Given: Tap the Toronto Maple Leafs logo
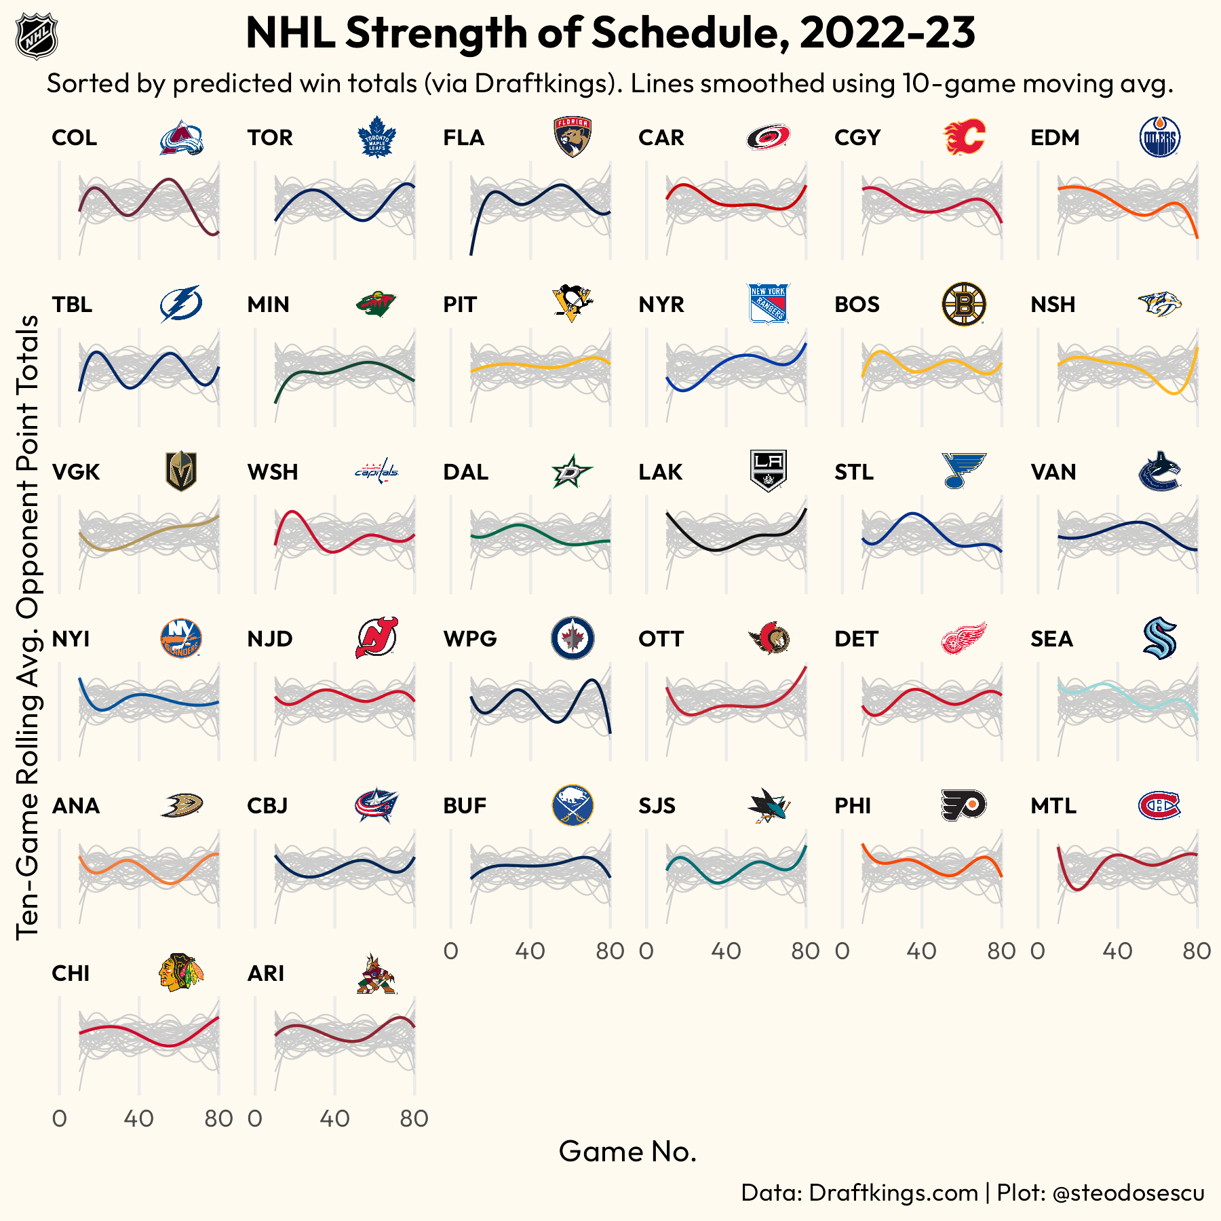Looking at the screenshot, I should [x=376, y=137].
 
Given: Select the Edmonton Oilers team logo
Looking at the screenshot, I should [x=1159, y=137].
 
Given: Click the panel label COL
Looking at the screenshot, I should [x=75, y=138].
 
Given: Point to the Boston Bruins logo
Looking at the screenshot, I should [x=964, y=304].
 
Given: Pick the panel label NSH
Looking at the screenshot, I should [x=1053, y=305].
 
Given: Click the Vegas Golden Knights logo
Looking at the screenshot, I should [x=181, y=471].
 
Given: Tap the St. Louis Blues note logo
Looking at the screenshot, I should [x=963, y=471].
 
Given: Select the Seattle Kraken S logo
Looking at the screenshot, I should [x=1159, y=638].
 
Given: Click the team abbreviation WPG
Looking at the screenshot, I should [x=470, y=639].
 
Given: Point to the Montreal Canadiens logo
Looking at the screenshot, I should [x=1159, y=806].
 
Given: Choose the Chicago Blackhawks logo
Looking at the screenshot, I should [x=181, y=973].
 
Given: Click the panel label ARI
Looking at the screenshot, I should [x=266, y=973].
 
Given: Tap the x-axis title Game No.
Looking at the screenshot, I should [x=627, y=1151].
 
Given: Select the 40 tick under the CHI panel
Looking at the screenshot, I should [x=139, y=1119].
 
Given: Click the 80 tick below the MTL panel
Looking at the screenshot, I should [x=1197, y=951].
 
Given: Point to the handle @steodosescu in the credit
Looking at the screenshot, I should [x=1128, y=1193].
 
